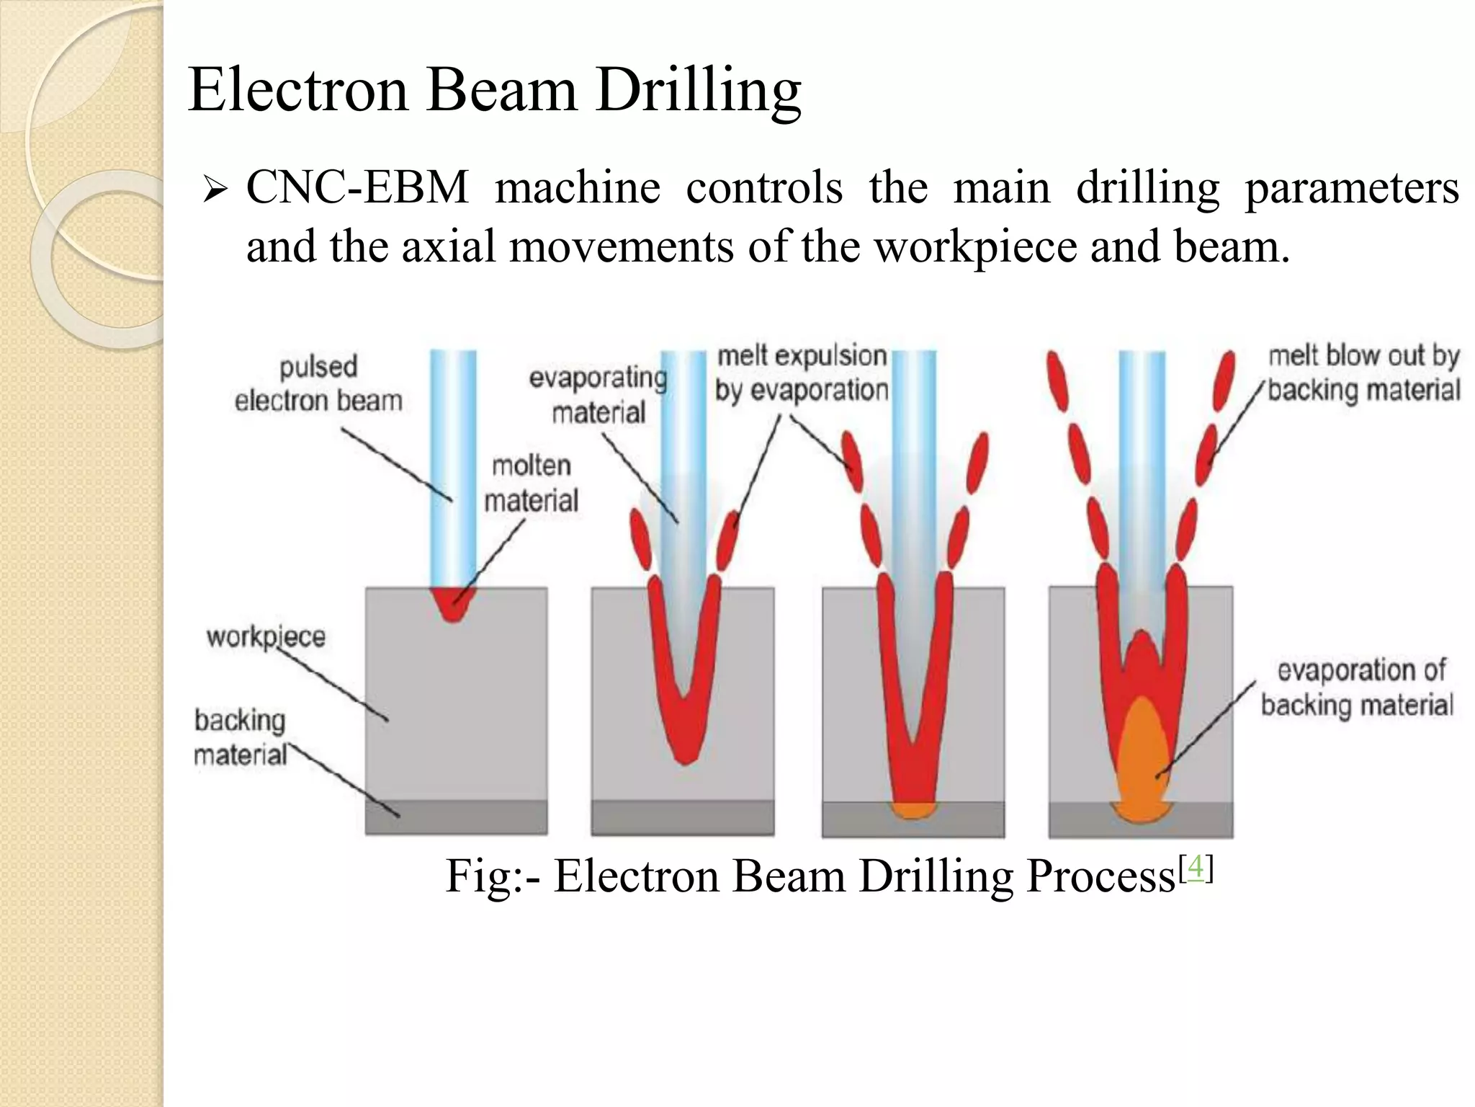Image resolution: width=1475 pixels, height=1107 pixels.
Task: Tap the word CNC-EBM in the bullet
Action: coord(357,188)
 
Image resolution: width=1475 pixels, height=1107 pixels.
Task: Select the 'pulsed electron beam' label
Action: coord(318,383)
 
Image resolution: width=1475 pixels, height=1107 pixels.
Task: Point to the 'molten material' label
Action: coord(531,483)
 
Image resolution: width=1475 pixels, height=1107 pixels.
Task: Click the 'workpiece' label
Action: coord(266,636)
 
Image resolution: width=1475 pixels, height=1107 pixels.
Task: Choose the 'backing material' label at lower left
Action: coord(241,737)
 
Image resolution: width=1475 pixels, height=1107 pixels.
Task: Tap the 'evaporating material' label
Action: coord(598,395)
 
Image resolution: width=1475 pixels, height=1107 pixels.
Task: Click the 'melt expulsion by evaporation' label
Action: coord(802,373)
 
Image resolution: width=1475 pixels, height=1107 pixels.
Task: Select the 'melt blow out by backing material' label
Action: coord(1363,373)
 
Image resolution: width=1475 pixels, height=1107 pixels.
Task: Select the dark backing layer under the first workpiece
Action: coord(456,817)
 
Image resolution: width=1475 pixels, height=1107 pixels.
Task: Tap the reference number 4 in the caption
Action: coord(1196,868)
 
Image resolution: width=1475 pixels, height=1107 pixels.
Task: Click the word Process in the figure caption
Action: coord(1101,877)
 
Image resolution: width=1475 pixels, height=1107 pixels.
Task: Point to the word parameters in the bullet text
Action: coord(1352,188)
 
